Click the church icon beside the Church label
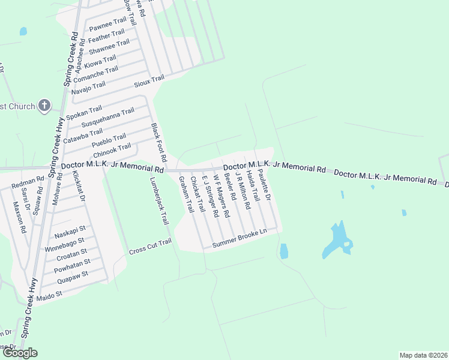44,106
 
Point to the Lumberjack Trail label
160,200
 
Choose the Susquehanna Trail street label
108,118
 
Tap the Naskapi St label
70,229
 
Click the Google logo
20,353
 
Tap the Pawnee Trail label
107,26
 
